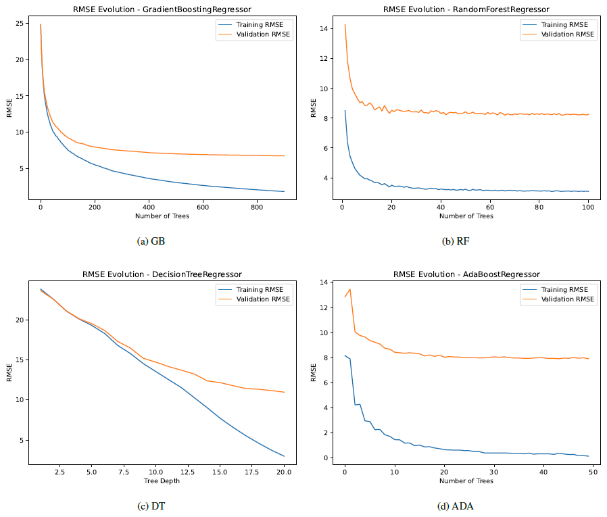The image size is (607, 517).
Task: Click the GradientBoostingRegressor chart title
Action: point(162,9)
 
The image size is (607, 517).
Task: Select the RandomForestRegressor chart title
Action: point(466,9)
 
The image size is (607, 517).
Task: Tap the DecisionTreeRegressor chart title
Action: point(162,274)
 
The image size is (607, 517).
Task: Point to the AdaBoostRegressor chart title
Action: point(466,274)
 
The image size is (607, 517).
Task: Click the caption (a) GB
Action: point(151,241)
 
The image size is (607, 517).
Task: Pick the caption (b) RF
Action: point(456,241)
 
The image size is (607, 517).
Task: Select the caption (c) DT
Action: point(151,506)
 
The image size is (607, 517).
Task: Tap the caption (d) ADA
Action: point(456,506)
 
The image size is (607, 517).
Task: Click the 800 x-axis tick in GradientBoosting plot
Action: point(257,207)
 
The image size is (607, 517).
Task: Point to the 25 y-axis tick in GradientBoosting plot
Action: point(20,23)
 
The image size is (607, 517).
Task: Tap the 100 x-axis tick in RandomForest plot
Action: point(588,207)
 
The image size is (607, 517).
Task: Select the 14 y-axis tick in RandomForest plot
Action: point(324,28)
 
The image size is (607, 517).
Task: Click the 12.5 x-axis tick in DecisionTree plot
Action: point(188,472)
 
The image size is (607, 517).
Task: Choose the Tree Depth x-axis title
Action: point(162,481)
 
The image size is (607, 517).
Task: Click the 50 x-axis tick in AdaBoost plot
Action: point(593,472)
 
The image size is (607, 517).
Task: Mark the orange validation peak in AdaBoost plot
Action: point(350,289)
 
